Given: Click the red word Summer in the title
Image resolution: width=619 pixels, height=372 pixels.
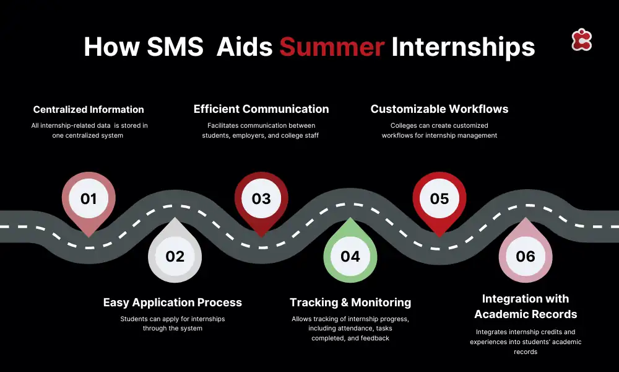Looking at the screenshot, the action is [x=332, y=46].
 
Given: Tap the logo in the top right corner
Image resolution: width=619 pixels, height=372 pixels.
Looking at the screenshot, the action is [x=581, y=40].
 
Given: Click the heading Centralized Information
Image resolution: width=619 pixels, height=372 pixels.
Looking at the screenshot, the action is [x=89, y=110].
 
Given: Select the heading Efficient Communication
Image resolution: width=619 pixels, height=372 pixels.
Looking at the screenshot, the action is [x=261, y=109].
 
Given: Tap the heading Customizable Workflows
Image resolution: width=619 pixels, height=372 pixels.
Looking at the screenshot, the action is [x=439, y=109].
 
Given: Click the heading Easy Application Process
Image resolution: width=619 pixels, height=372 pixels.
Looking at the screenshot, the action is [x=173, y=303].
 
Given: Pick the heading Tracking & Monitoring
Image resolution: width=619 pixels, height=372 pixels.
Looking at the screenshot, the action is [x=350, y=303].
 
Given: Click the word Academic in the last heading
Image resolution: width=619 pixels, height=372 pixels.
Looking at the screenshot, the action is [x=498, y=314].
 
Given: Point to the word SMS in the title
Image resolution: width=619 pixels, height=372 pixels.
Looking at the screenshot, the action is [x=175, y=46].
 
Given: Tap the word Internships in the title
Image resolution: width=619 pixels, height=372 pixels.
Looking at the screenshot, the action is [x=463, y=47].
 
